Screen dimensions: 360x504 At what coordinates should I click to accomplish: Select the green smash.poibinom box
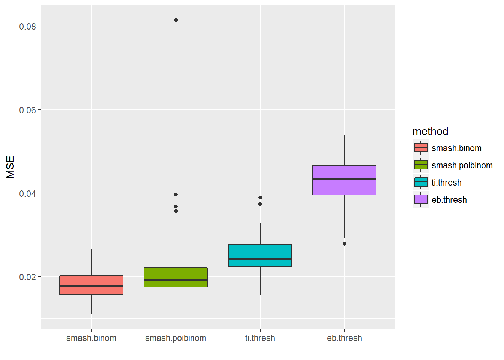[x=175, y=274]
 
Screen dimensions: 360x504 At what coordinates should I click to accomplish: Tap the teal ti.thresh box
[x=260, y=251]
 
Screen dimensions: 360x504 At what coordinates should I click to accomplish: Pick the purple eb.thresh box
[x=344, y=172]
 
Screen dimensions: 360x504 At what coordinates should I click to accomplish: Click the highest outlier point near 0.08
[x=176, y=20]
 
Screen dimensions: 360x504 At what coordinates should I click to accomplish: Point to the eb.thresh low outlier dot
[x=345, y=244]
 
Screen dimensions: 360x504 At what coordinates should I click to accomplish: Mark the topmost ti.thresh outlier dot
[x=260, y=198]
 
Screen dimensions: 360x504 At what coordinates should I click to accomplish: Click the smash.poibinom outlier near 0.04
[x=176, y=195]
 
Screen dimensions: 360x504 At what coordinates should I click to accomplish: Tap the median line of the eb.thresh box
[x=344, y=179]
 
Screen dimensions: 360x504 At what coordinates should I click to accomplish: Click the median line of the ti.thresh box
[x=260, y=259]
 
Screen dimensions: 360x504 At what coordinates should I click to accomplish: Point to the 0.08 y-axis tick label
[x=27, y=26]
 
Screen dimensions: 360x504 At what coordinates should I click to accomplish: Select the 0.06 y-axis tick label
[x=27, y=110]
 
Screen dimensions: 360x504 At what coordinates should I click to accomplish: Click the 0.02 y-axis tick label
[x=27, y=277]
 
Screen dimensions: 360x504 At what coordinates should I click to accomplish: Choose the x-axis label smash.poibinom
[x=175, y=338]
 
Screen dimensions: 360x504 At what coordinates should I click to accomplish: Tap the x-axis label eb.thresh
[x=344, y=338]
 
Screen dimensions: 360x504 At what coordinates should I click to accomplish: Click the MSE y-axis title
[x=10, y=167]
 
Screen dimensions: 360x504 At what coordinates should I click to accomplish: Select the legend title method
[x=430, y=131]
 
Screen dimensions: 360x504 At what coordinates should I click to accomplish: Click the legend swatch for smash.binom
[x=421, y=148]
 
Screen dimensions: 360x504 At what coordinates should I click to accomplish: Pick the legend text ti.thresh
[x=446, y=183]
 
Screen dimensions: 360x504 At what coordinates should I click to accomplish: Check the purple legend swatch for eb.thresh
[x=421, y=199]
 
